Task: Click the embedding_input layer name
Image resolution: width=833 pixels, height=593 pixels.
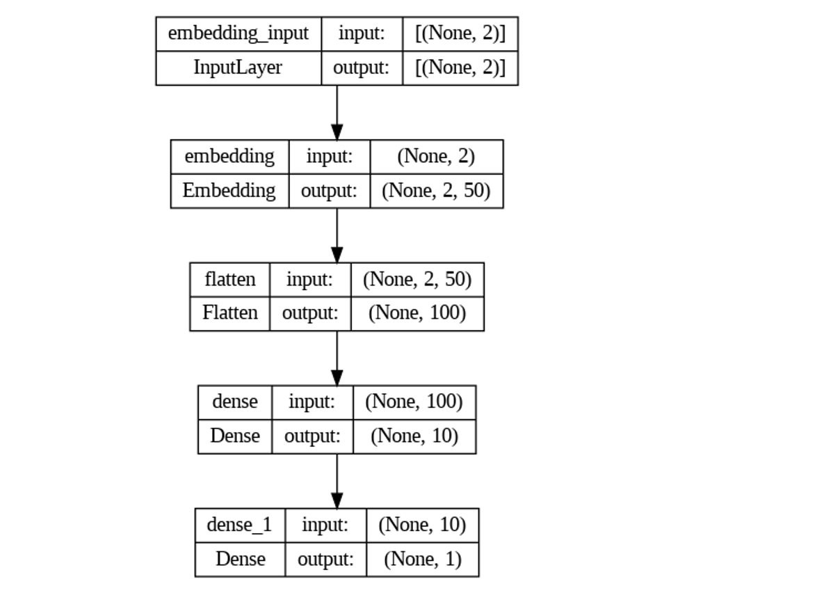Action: point(238,34)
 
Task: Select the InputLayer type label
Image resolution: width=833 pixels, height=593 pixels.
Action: point(238,68)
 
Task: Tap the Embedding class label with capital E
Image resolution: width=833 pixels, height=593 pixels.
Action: point(229,190)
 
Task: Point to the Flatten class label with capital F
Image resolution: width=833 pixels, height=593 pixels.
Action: point(229,313)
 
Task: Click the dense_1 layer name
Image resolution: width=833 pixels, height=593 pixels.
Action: point(239,524)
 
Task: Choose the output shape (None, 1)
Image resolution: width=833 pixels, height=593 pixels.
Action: point(422,558)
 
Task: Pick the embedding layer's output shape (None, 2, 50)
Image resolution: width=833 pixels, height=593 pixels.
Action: point(436,190)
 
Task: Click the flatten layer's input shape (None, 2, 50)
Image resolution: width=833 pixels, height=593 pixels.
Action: point(417,279)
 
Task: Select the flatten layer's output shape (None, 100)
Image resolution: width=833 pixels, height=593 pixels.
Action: point(417,313)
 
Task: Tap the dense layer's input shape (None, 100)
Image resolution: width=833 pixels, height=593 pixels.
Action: point(414,402)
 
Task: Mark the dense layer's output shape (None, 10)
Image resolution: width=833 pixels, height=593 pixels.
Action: point(414,436)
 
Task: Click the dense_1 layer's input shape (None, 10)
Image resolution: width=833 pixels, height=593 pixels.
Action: point(422,524)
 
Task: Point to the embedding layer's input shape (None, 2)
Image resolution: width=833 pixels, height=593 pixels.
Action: point(436,157)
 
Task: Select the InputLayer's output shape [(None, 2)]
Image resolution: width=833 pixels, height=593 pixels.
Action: point(460,68)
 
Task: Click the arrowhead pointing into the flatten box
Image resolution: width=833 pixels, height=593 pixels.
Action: point(337,255)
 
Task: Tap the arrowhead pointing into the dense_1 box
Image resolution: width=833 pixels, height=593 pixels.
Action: point(337,500)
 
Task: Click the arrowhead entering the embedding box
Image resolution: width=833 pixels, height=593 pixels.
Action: point(337,132)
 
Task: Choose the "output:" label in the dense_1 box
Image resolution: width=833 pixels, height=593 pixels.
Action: point(325,558)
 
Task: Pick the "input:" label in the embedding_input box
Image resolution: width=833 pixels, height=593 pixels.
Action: point(362,34)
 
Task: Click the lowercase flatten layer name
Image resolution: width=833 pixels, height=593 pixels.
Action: point(229,279)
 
